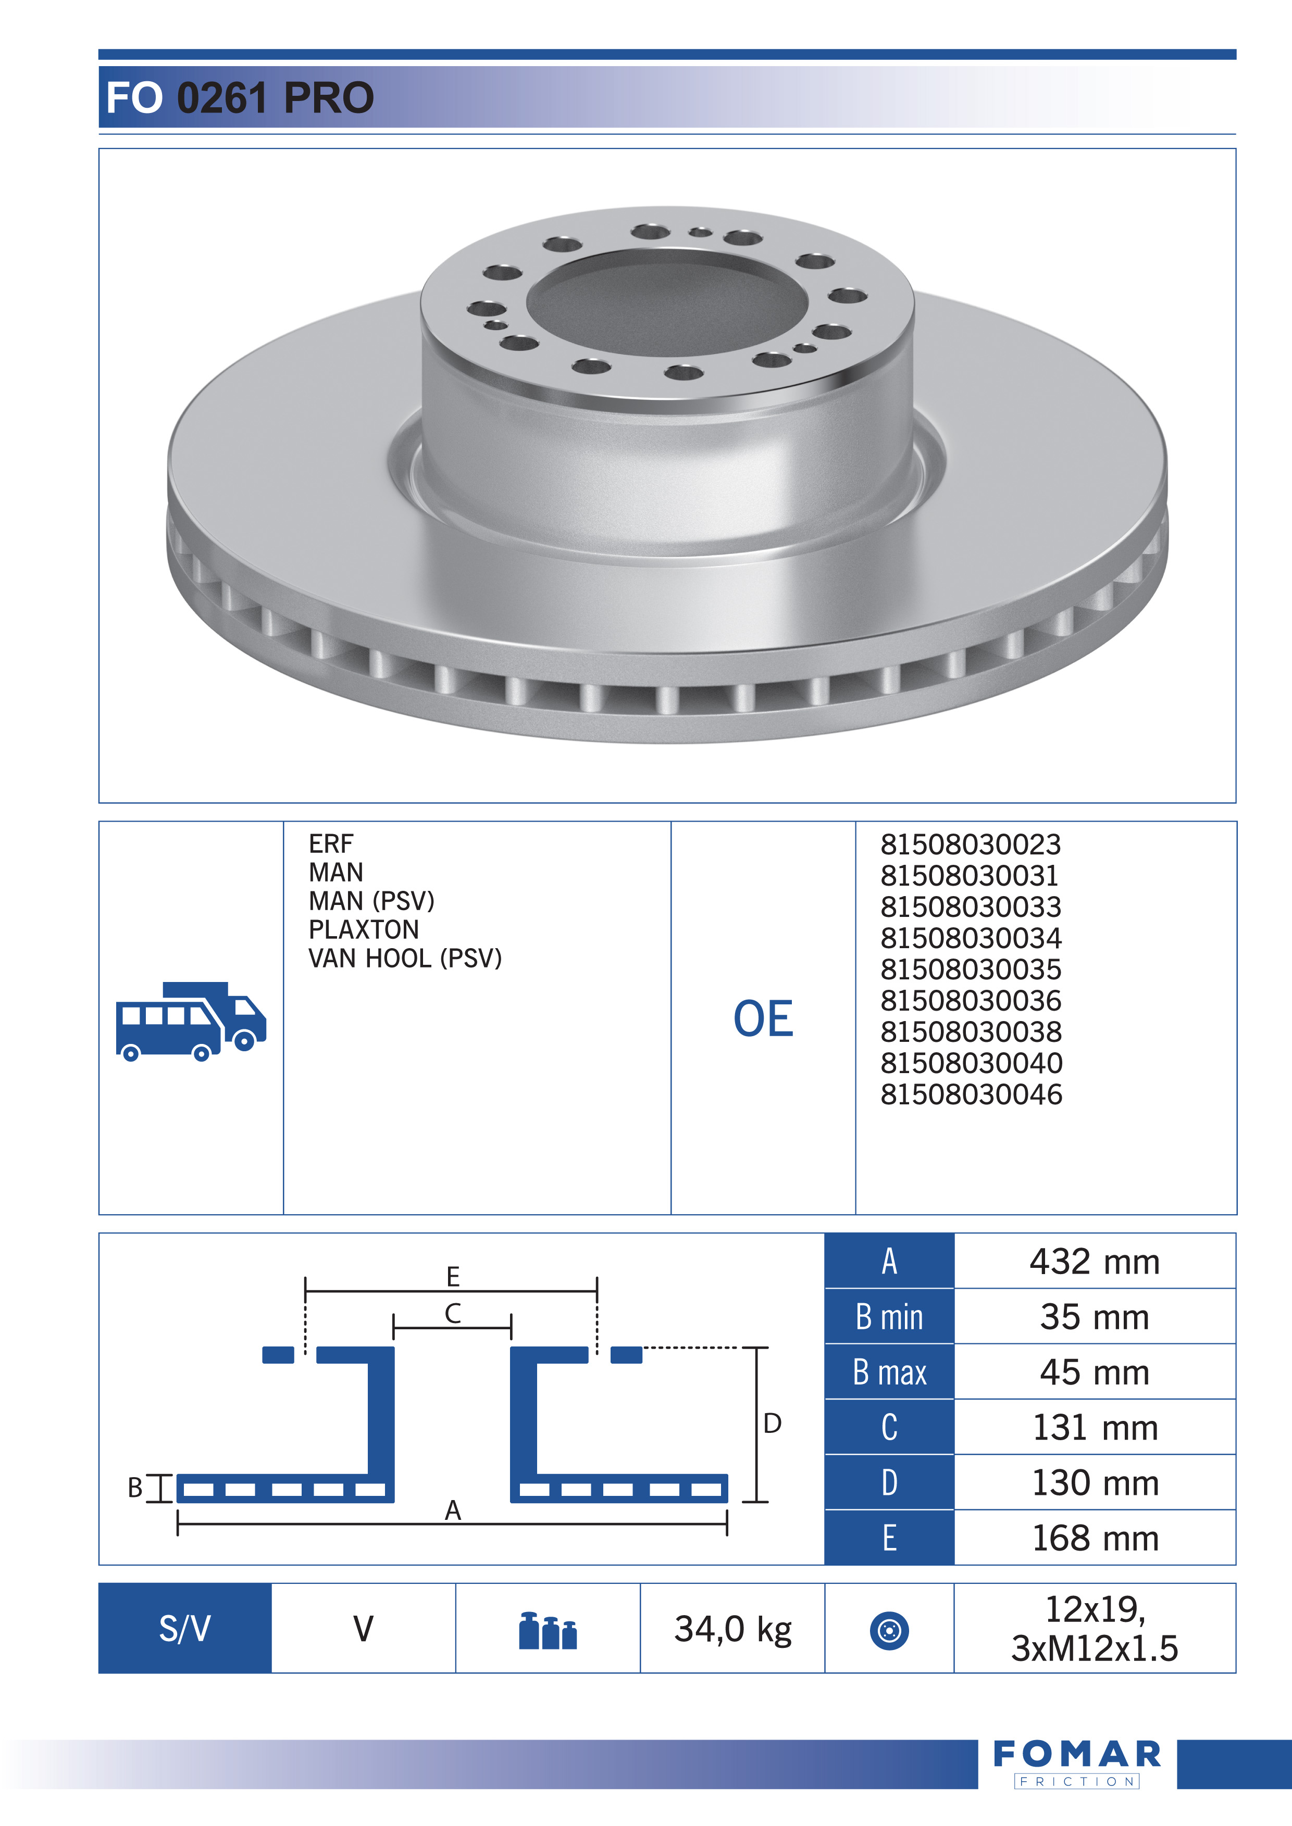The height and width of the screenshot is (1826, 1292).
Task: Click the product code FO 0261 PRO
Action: tap(240, 98)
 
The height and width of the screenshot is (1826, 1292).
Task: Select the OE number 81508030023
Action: tap(970, 845)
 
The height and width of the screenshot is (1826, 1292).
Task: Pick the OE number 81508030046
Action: tap(971, 1094)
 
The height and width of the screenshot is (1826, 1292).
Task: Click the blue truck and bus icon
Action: tap(191, 1021)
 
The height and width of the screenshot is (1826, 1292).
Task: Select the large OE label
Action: tap(763, 1019)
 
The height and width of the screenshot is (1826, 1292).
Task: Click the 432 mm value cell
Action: tap(1094, 1262)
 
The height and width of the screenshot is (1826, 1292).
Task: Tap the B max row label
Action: tap(889, 1372)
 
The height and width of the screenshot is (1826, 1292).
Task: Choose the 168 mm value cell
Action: tap(1094, 1538)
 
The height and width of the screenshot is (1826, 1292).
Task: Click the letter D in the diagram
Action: tap(772, 1424)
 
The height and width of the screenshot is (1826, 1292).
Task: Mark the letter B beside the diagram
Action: tap(135, 1487)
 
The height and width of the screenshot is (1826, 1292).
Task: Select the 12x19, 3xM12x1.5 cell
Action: tap(1094, 1629)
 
